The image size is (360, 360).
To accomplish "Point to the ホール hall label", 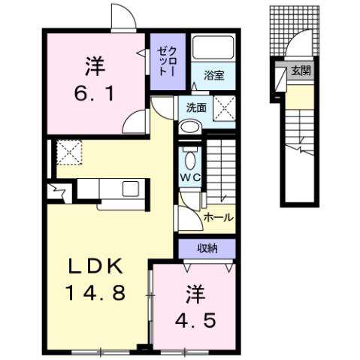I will click(x=219, y=217).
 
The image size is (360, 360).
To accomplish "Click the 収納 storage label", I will click(x=209, y=248).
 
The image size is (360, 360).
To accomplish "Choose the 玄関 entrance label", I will click(x=301, y=71).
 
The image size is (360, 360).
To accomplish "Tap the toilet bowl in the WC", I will click(x=189, y=157).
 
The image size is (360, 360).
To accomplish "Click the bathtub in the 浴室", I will click(x=213, y=50).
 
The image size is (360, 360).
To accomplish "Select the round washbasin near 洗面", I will click(x=189, y=126).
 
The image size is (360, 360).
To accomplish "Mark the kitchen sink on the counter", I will click(x=129, y=188).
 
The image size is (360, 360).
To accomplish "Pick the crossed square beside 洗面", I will click(x=222, y=107).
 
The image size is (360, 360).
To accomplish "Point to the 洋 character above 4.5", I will click(x=194, y=292).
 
